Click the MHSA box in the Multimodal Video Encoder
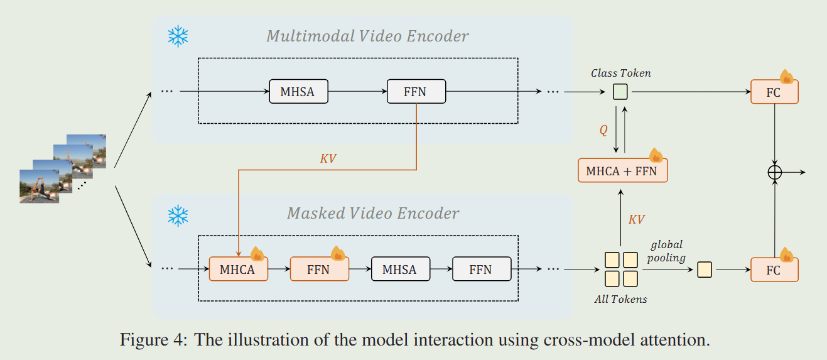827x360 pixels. pos(298,92)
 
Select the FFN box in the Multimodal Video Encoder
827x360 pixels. pos(416,92)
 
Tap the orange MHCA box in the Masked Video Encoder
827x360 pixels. pos(238,270)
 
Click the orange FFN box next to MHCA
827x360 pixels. pos(319,270)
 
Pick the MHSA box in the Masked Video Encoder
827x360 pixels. pos(400,270)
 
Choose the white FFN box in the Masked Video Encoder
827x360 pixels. pos(481,270)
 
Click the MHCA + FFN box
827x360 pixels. pos(622,170)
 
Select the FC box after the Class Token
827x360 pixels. pos(774,92)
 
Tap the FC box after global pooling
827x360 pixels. pos(774,270)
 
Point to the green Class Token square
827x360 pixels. pos(620,92)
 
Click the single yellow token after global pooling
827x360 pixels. pos(705,270)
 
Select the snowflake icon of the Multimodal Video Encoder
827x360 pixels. pos(178,37)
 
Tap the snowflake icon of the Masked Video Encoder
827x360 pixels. pos(178,215)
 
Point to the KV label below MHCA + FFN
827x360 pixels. pos(636,219)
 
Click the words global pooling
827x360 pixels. pos(666,251)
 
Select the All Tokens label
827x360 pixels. pos(620,299)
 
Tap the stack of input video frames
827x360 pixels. pos(63,168)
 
